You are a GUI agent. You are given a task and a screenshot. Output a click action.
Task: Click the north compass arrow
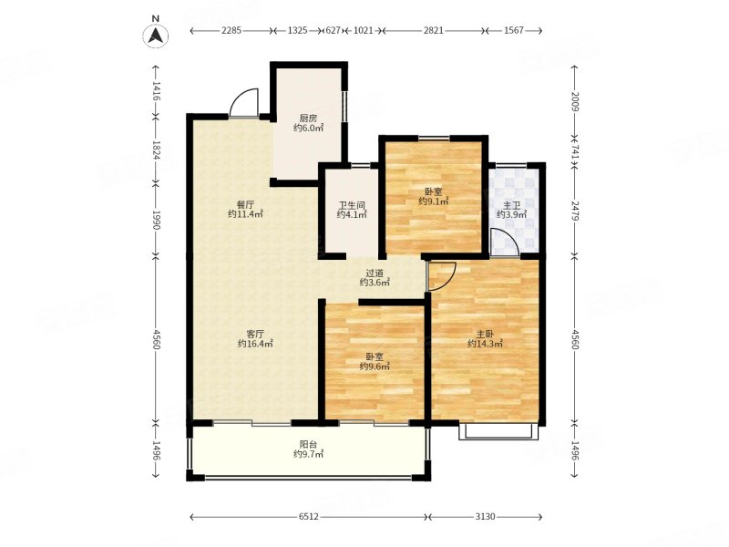(x=156, y=35)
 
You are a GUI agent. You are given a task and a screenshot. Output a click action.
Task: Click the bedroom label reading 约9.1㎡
(x=434, y=201)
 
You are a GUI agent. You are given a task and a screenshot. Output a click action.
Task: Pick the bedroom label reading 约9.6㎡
(x=375, y=366)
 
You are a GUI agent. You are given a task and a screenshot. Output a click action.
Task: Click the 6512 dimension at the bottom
(x=309, y=516)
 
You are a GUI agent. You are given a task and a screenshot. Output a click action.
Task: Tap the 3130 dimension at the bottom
(x=485, y=516)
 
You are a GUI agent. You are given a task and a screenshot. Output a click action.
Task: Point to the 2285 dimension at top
(x=231, y=31)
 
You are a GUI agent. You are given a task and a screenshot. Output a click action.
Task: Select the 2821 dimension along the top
(x=433, y=31)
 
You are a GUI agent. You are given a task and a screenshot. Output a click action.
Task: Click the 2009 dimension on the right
(x=575, y=102)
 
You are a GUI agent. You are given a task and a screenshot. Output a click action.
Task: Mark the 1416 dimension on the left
(x=156, y=91)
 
